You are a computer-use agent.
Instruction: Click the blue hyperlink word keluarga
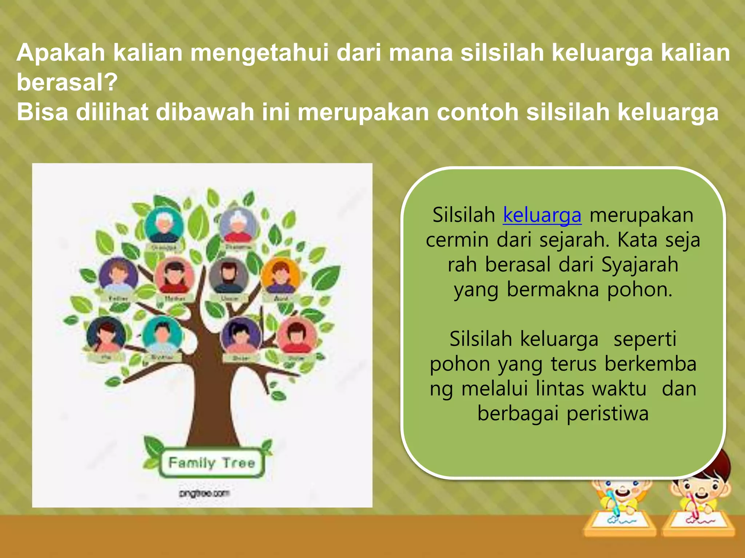coord(542,215)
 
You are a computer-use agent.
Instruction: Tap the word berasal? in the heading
coord(67,82)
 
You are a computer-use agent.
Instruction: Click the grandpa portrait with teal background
coord(164,226)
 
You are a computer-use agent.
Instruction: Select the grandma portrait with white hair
coord(238,226)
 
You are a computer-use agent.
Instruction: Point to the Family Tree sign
coord(212,463)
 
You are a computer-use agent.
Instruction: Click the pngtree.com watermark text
coord(204,493)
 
